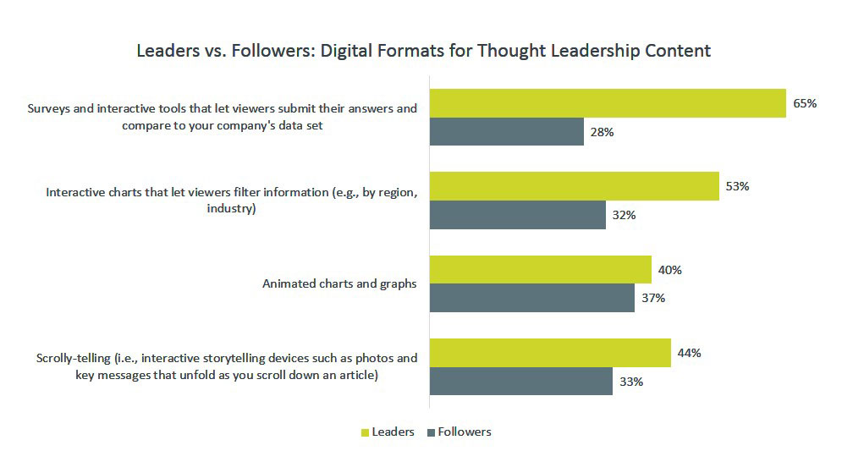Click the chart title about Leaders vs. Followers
(424, 51)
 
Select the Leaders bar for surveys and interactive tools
(608, 103)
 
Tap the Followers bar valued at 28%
(506, 132)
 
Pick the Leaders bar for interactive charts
(574, 186)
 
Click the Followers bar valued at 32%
(518, 215)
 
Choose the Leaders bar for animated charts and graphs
(540, 270)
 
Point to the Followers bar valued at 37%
(532, 298)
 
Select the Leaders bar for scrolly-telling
(550, 353)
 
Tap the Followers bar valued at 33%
(521, 382)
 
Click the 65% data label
(805, 103)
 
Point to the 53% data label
(737, 186)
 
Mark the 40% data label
(669, 270)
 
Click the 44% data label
(689, 353)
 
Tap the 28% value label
(602, 132)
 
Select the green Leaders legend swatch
(366, 432)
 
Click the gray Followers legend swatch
(431, 432)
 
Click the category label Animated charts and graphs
(339, 283)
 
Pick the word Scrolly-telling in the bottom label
(73, 358)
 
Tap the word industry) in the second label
(231, 208)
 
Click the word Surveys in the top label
(48, 108)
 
